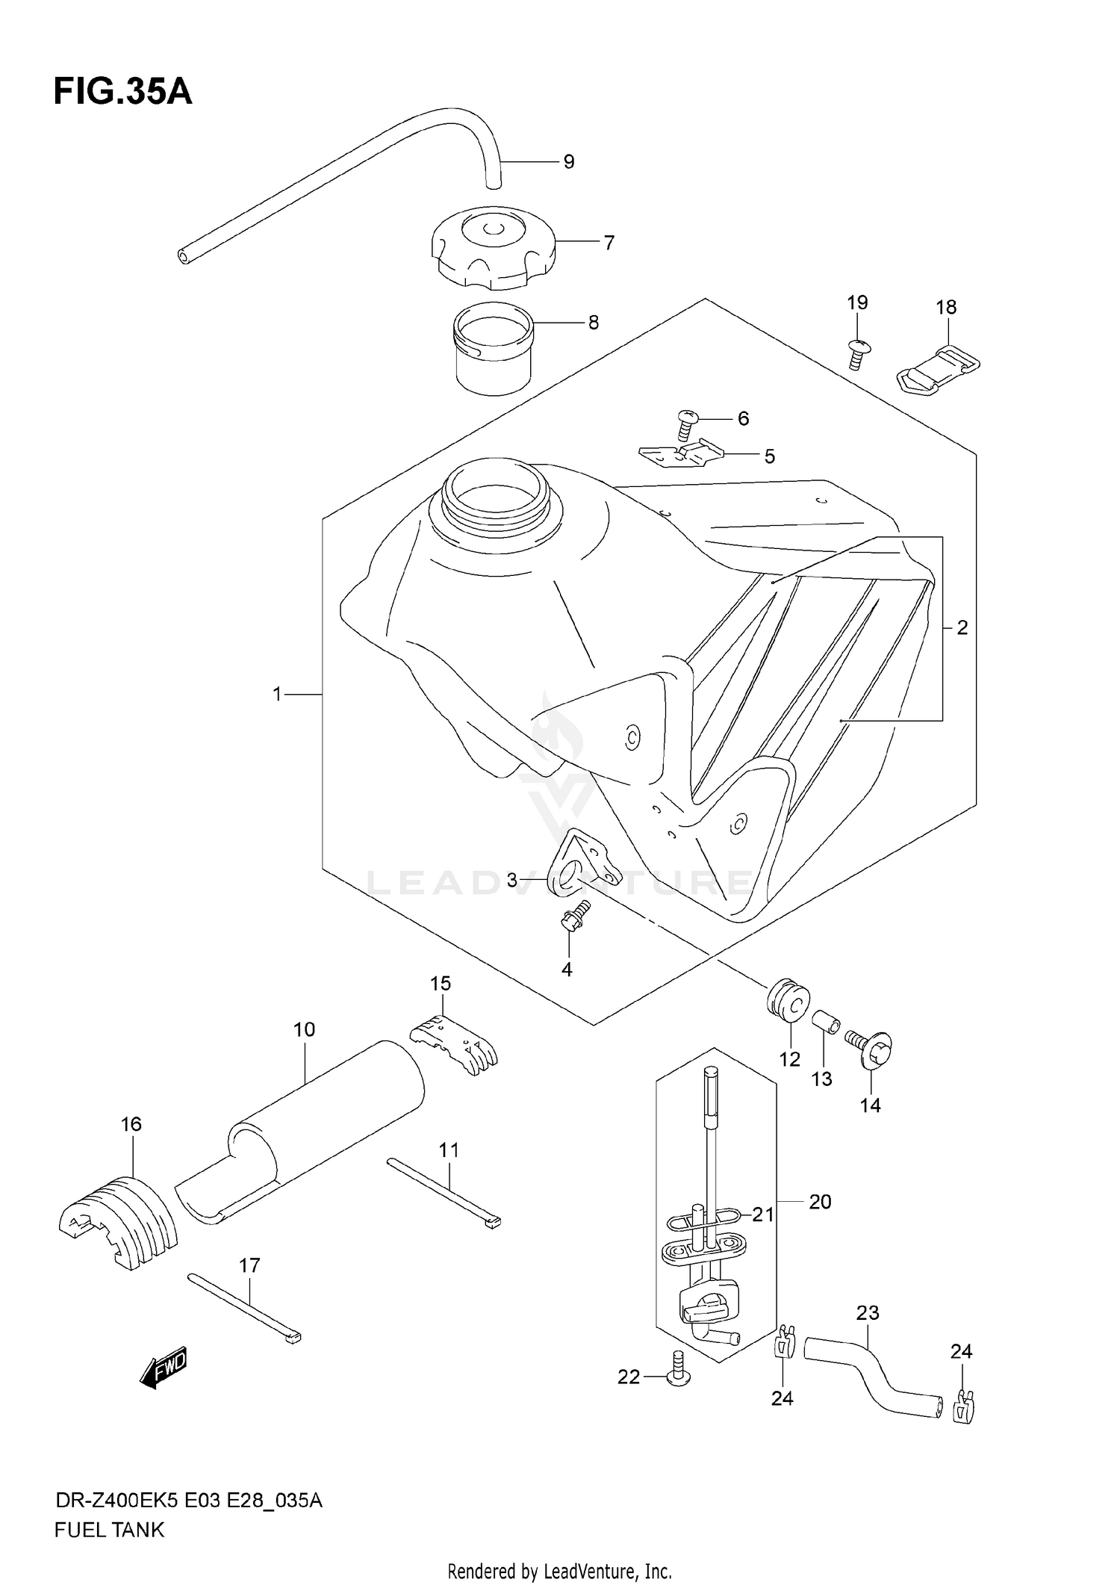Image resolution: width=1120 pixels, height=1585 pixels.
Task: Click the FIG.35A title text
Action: click(122, 92)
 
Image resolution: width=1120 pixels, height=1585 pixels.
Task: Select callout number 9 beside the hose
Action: click(568, 161)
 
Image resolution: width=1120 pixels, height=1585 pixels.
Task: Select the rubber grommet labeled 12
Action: click(788, 999)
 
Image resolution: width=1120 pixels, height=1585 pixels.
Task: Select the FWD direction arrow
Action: click(164, 1368)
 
